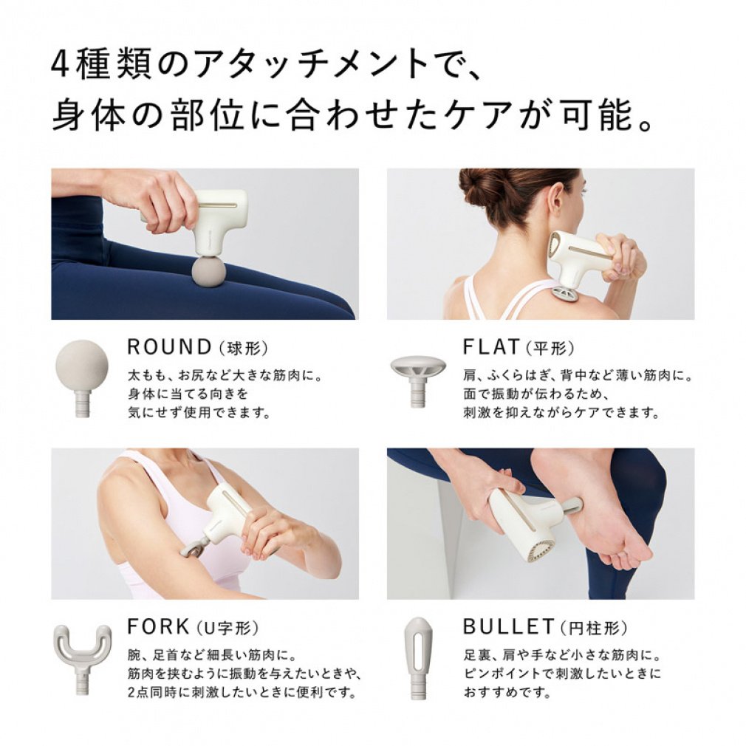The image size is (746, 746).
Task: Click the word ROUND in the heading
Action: coord(169,346)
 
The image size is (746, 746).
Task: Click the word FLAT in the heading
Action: coord(492,346)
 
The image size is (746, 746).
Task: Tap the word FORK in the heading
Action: coord(159,627)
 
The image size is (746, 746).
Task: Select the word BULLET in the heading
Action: coord(508,627)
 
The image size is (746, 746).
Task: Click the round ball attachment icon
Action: coord(82,366)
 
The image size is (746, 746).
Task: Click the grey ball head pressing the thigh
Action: coord(208,271)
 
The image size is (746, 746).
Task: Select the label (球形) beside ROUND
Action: coord(242,348)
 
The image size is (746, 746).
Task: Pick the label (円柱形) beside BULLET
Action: coord(593,629)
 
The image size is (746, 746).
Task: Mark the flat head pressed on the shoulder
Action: coord(566,293)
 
